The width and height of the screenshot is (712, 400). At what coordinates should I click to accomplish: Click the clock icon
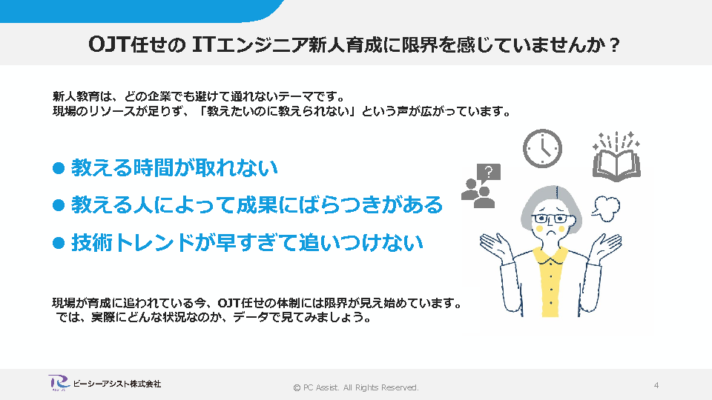click(542, 148)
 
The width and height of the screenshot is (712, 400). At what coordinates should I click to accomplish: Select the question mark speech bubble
click(489, 173)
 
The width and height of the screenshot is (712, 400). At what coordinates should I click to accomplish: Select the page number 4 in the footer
click(656, 385)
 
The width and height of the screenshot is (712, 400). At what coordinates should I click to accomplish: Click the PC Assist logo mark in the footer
click(59, 383)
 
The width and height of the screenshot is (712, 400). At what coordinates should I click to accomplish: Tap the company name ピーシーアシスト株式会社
click(116, 384)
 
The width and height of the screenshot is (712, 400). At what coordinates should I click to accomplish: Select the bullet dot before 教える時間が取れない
click(59, 168)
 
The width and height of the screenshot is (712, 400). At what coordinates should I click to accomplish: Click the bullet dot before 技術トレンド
click(59, 243)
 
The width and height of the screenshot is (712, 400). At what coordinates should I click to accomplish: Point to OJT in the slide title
click(109, 45)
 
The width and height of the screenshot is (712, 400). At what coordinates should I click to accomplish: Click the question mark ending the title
click(614, 45)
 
